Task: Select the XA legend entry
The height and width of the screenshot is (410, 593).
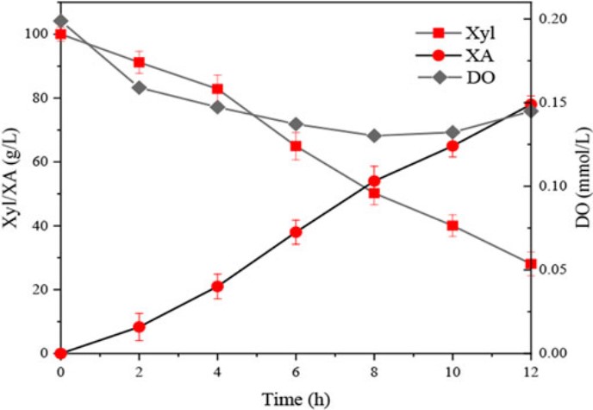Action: pos(457,56)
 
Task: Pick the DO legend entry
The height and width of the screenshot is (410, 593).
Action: pos(457,79)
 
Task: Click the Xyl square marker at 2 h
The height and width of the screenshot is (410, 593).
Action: pos(139,62)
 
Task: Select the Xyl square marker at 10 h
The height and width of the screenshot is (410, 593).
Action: pos(452,226)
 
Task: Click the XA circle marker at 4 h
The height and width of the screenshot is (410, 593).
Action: pos(217,287)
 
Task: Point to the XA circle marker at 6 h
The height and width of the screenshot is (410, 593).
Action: pos(296,232)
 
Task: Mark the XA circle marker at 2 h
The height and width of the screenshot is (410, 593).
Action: pos(139,327)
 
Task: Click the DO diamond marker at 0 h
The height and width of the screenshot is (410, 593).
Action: pos(60,21)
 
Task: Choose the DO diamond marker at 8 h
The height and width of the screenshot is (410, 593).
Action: pos(374,136)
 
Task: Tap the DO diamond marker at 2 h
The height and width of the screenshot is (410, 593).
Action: pos(139,87)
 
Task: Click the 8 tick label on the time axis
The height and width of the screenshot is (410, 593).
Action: pos(374,370)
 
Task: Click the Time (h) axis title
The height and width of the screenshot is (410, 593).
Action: pos(295,398)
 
